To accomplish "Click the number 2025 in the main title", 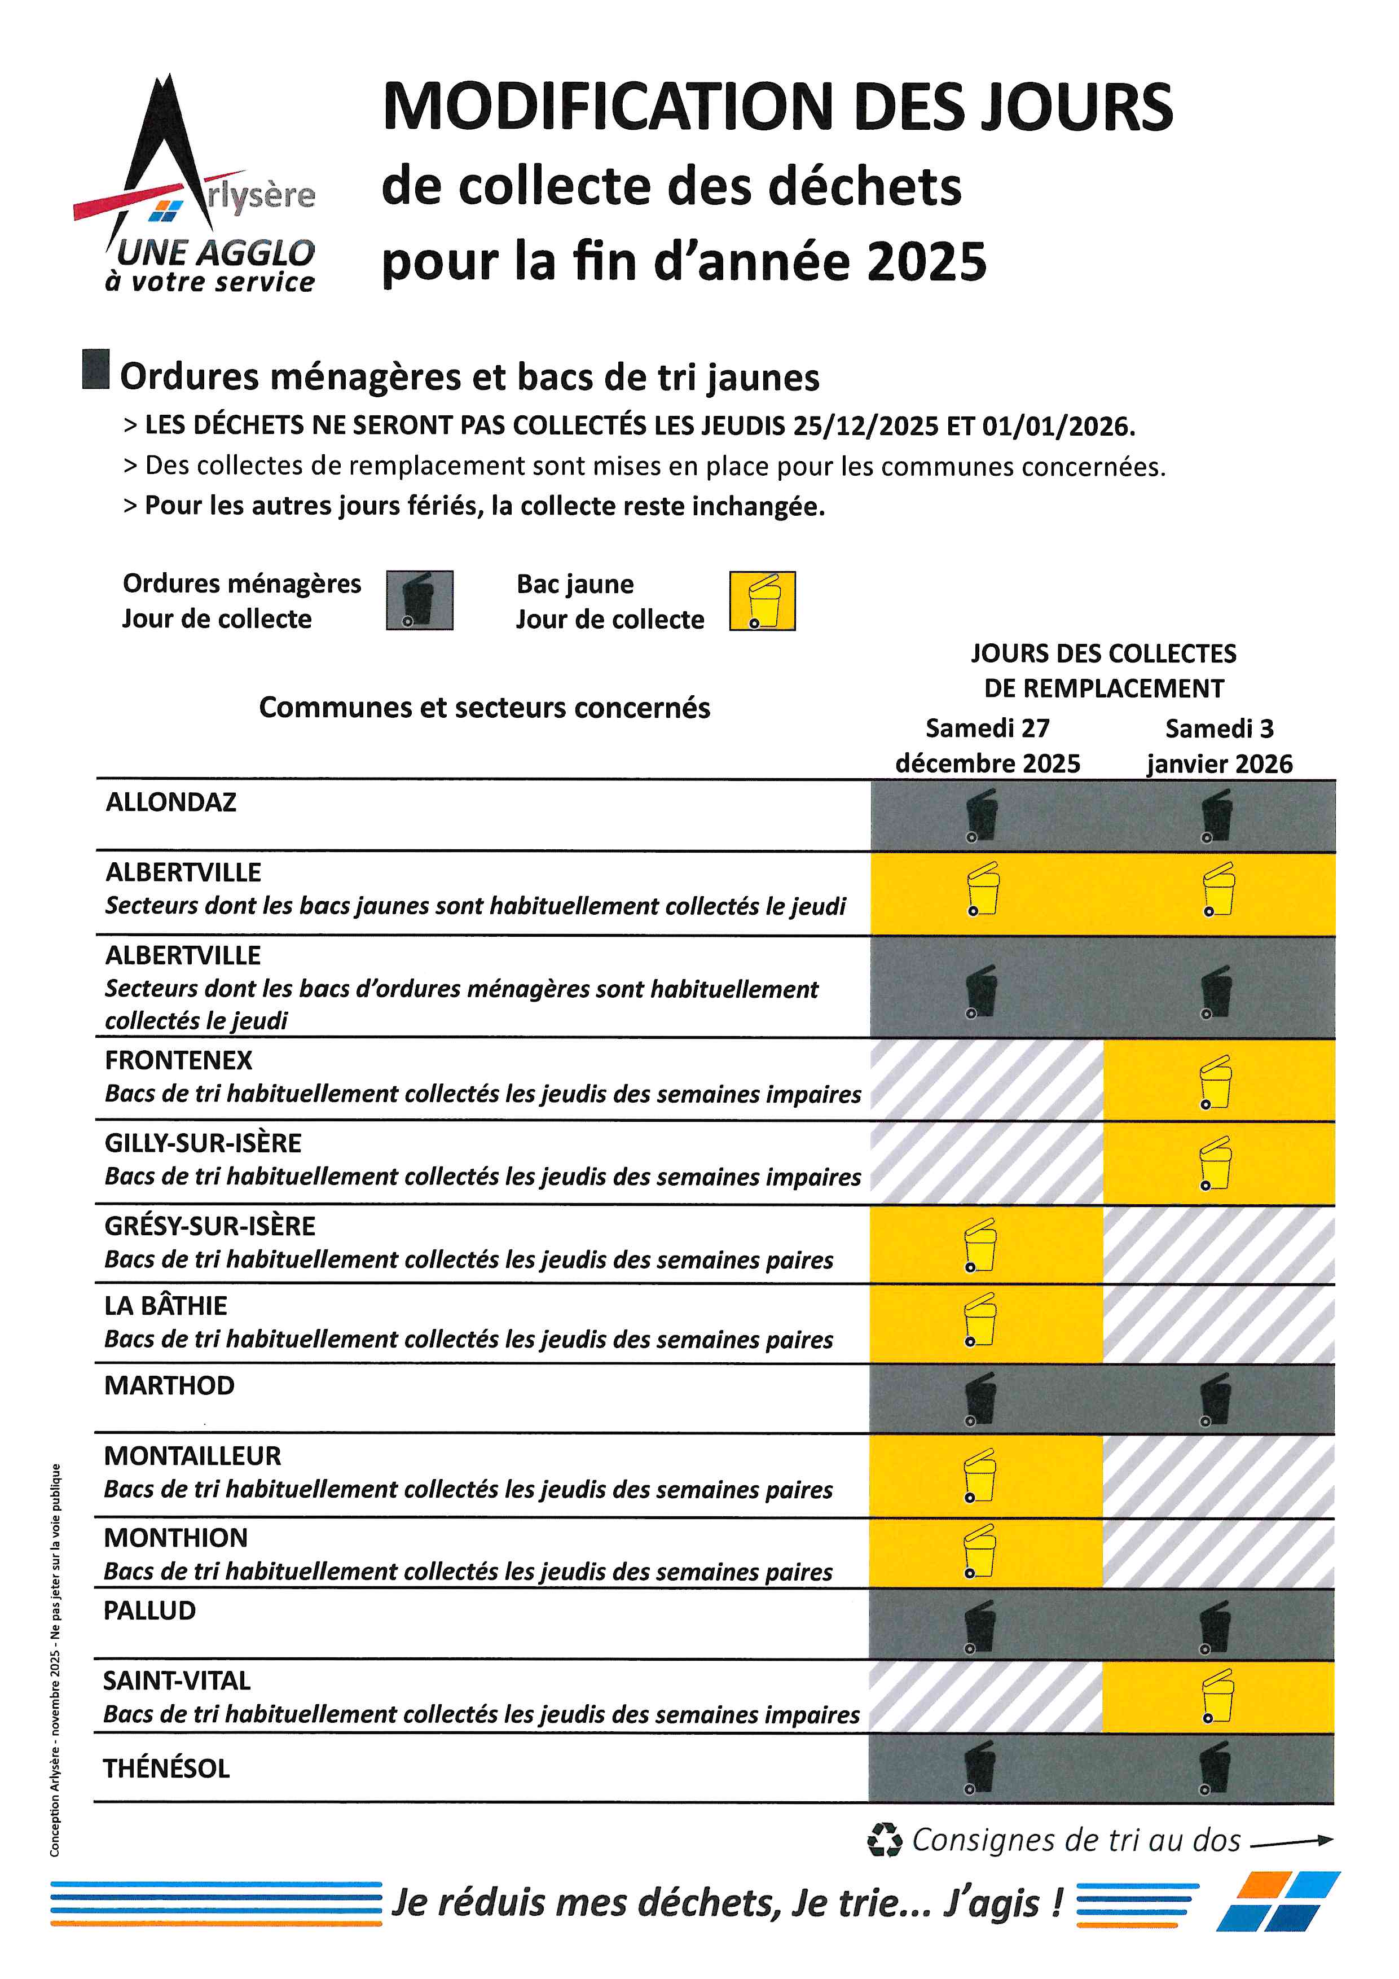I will coord(926,262).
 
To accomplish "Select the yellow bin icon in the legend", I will coord(762,601).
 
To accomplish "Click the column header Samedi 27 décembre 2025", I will coord(987,745).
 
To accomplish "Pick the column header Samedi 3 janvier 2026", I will coord(1219,745).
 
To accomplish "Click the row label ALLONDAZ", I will coord(170,802).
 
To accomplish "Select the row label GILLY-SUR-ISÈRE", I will coord(203,1143).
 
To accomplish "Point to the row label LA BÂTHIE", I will coord(165,1306).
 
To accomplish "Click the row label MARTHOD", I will coord(169,1385).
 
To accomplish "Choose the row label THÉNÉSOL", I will coord(166,1769).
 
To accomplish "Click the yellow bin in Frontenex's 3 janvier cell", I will coord(1216,1082).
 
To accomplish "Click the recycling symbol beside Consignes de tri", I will coord(885,1840).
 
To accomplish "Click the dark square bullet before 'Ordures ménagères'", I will coord(96,369).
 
